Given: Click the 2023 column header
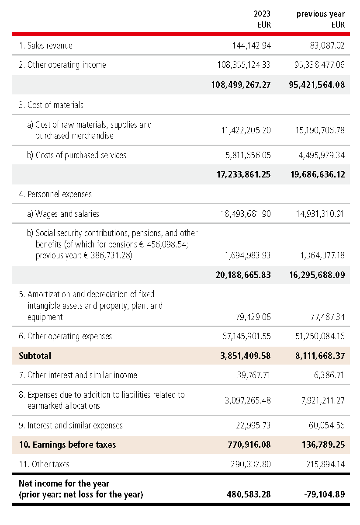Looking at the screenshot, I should [x=262, y=14].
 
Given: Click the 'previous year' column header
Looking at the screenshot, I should [x=320, y=14].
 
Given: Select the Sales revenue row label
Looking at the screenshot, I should [x=50, y=45].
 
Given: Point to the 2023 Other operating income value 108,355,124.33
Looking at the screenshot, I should [x=244, y=65].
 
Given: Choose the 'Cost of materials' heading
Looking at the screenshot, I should [x=55, y=105].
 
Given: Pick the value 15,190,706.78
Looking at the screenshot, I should [x=319, y=130].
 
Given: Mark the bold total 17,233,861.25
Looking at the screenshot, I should [x=244, y=174].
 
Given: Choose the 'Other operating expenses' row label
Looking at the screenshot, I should [x=69, y=336].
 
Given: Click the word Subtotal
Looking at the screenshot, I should [x=35, y=356].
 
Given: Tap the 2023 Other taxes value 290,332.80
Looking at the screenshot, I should [x=251, y=464].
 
